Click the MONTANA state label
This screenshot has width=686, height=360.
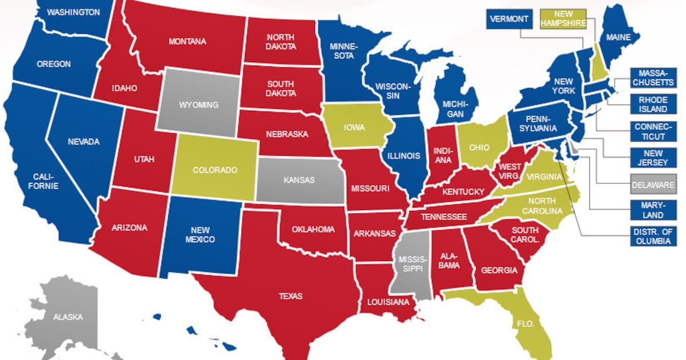188,41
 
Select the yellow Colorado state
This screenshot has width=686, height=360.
215,169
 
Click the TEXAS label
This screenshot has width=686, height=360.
290,296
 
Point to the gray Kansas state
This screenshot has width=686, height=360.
299,180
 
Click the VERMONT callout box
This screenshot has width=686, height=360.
508,19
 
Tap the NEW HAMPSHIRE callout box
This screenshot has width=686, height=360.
563,19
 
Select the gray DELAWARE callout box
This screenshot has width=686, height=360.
653,185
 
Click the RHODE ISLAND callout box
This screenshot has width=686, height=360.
653,103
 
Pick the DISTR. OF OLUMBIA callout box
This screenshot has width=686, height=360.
653,236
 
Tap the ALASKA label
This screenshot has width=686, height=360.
68,317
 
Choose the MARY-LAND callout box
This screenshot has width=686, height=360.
653,210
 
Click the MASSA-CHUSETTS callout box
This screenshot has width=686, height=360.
653,78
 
